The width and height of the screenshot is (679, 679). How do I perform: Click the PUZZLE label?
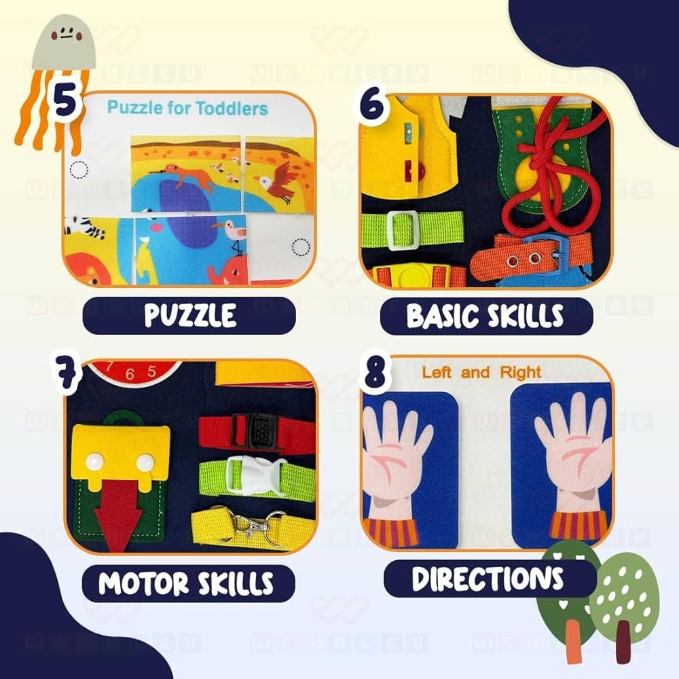190,315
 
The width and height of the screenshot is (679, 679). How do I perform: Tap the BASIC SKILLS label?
485,316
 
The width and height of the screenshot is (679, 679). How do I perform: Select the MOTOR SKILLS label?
185,583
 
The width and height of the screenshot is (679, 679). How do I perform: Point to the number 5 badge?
65,103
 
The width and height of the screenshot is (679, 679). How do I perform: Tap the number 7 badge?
65,373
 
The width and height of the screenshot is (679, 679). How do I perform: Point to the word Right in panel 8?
521,372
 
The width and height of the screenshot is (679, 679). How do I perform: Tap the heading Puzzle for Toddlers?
187,107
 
